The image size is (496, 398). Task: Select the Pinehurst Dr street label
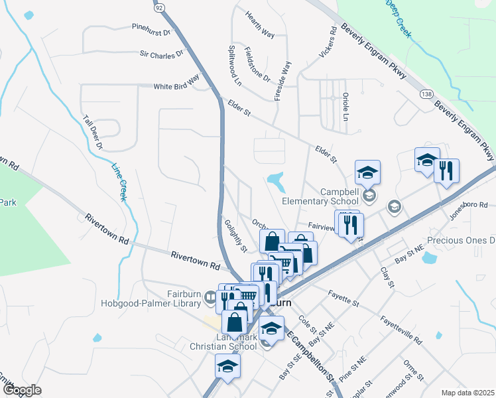(x=151, y=30)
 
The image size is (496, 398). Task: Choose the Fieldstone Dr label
(x=257, y=64)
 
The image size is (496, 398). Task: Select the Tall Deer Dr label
(x=93, y=132)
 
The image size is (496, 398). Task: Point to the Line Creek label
(x=119, y=182)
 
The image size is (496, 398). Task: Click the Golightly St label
(x=235, y=235)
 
